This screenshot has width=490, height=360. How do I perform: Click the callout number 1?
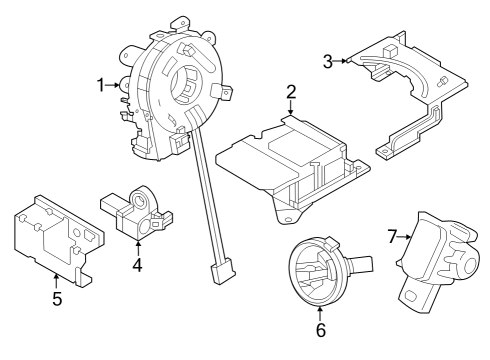(102, 86)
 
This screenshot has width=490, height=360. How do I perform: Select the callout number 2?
(291, 93)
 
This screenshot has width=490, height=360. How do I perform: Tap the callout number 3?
(328, 61)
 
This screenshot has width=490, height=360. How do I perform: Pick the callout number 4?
(137, 265)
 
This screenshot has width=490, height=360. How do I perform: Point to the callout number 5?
(57, 298)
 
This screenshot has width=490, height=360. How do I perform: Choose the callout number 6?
(320, 328)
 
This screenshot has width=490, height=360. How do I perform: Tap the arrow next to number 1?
(117, 86)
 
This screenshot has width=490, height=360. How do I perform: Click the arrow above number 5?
(57, 279)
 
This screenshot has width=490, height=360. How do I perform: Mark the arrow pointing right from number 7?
(408, 236)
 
